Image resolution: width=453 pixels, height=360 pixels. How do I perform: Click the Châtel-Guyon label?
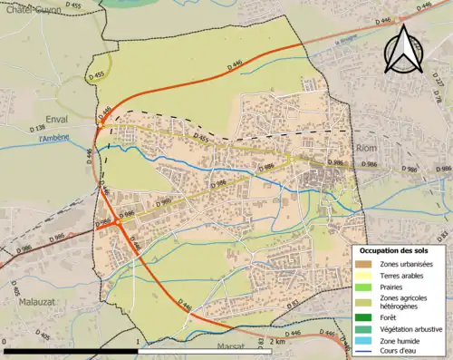click(27, 9)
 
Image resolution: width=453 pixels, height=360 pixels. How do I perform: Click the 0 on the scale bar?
click(5, 341)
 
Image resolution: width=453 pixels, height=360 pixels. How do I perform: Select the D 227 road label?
click(439, 81)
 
